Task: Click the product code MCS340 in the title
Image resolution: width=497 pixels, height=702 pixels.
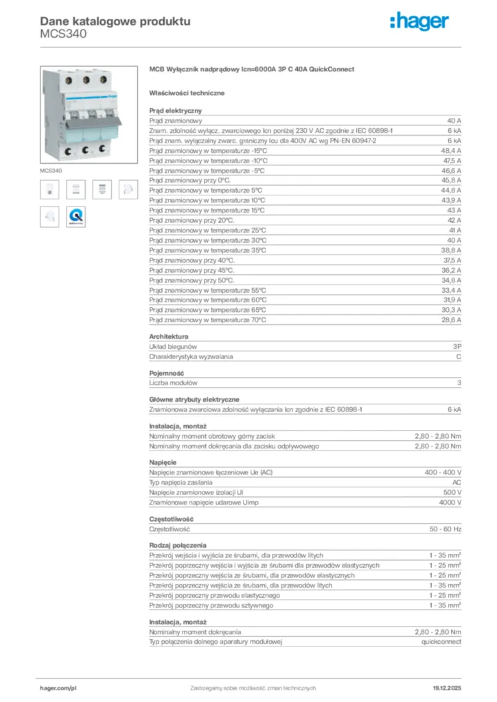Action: (x=63, y=34)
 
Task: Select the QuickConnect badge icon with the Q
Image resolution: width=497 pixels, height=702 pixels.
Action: (x=75, y=217)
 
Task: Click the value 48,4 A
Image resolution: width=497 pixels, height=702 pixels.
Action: (x=450, y=149)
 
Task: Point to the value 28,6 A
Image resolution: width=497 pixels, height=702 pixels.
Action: (x=450, y=319)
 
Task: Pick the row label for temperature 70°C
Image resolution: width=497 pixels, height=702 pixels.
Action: (x=207, y=319)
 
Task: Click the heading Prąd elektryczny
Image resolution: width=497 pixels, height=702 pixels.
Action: (x=175, y=110)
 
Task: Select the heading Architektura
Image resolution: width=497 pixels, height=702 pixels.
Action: (x=168, y=337)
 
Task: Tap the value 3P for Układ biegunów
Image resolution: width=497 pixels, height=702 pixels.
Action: (x=456, y=347)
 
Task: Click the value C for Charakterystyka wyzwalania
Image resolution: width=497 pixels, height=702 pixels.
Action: (x=459, y=356)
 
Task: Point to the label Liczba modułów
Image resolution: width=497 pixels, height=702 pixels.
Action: (x=173, y=383)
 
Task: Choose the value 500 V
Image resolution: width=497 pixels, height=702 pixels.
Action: (x=451, y=492)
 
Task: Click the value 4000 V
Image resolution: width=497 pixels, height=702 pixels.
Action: (x=449, y=502)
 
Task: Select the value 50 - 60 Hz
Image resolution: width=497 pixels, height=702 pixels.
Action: (x=446, y=529)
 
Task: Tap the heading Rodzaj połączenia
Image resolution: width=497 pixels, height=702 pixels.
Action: (x=178, y=546)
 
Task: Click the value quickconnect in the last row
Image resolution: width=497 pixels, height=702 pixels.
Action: (x=441, y=641)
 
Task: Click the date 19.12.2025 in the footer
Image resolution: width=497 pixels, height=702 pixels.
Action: (x=447, y=687)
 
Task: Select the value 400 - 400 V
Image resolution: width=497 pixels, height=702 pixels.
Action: (x=443, y=473)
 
